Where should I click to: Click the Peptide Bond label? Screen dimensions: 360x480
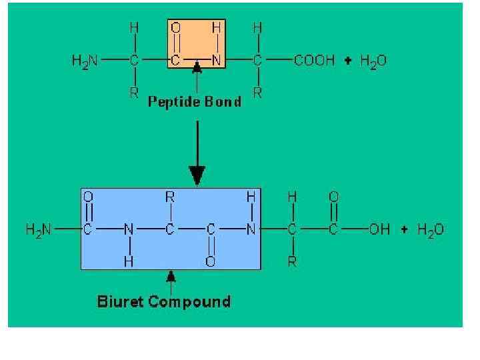click(194, 102)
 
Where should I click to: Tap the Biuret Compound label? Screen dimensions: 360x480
click(164, 301)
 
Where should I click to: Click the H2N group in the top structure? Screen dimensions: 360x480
click(85, 61)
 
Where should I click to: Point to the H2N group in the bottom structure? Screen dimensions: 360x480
click(39, 230)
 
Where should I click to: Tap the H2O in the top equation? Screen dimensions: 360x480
click(373, 61)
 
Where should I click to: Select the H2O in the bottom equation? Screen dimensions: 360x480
click(430, 230)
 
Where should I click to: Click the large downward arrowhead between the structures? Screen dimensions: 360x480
click(197, 176)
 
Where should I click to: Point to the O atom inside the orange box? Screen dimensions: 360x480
click(175, 29)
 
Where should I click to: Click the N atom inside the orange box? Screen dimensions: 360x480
click(216, 61)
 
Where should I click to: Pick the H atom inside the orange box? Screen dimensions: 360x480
click(216, 29)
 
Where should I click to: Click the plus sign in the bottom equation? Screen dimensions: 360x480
click(405, 230)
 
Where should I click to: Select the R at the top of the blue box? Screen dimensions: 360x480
click(170, 197)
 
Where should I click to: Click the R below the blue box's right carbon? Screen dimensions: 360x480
click(292, 262)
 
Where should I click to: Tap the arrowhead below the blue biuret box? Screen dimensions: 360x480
click(171, 275)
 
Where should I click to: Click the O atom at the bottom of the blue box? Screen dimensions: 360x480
click(211, 262)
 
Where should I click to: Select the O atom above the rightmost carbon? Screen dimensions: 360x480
click(333, 197)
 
